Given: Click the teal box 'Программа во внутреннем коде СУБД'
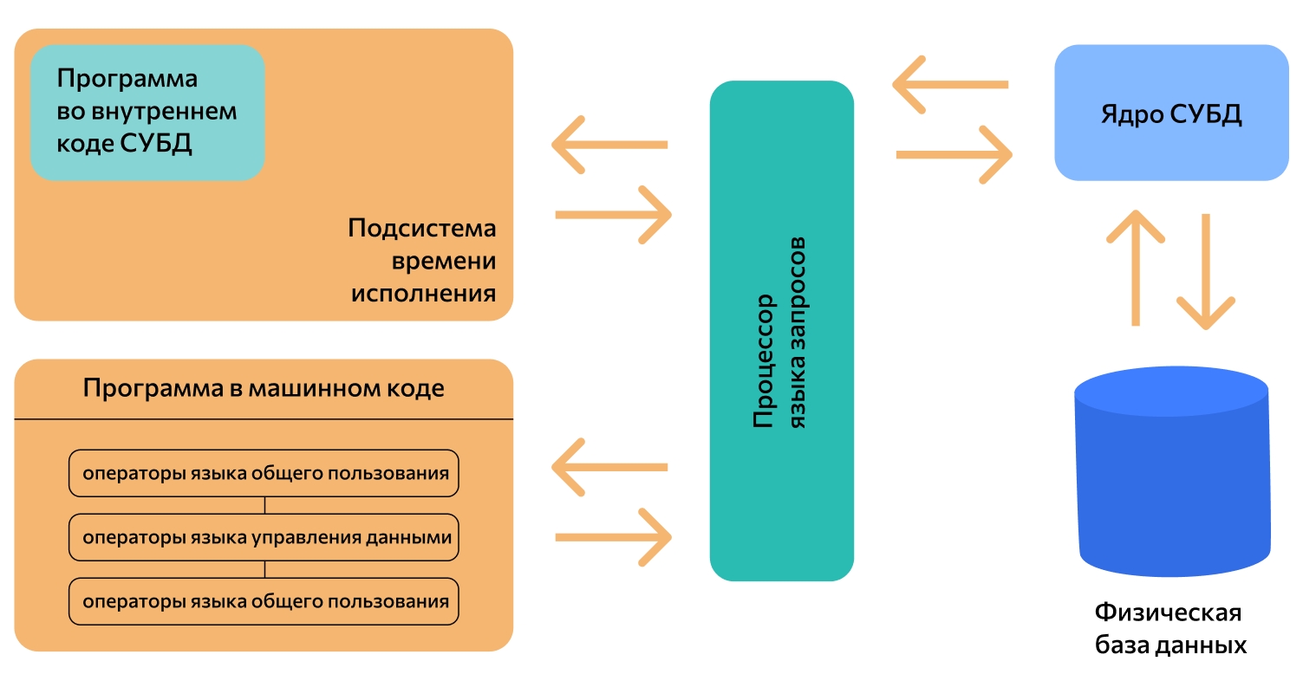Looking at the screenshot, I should [x=147, y=112].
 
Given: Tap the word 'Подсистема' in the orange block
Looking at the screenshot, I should [x=422, y=229].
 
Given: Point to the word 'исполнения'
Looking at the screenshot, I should [x=423, y=293].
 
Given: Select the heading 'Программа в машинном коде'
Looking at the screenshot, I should [x=264, y=388].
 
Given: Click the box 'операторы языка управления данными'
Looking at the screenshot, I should [x=264, y=537].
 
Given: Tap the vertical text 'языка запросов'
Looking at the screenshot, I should [x=799, y=334].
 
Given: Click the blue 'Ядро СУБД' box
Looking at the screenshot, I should [x=1171, y=113].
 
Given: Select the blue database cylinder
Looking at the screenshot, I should [x=1171, y=472].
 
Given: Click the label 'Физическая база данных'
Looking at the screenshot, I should [x=1169, y=629].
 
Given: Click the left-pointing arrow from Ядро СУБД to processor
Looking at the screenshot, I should [x=950, y=85].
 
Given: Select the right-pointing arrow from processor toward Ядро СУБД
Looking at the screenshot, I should [x=954, y=155].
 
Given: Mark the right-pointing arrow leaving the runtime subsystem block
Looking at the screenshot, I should [x=613, y=215].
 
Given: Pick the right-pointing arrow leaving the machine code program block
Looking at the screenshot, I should [x=613, y=537].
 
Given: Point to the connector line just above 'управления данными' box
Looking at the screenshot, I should [x=264, y=506].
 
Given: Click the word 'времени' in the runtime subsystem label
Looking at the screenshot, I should [x=444, y=261].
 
